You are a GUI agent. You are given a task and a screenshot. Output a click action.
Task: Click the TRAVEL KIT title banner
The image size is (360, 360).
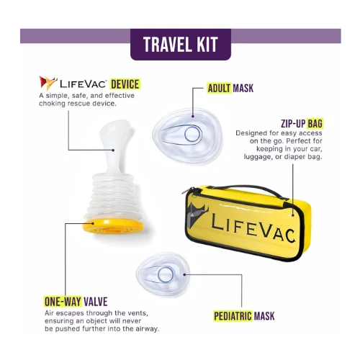click(181, 45)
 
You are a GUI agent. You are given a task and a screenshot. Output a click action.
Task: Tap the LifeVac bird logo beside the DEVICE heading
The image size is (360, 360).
click(48, 83)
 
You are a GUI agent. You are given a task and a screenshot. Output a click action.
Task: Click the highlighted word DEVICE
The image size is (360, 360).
click(125, 84)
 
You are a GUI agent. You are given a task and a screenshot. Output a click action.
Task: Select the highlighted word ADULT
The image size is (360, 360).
click(219, 89)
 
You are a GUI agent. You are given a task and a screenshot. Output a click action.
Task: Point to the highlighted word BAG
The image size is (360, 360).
click(315, 124)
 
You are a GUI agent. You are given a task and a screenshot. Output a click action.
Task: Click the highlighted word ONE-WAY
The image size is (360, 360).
click(63, 302)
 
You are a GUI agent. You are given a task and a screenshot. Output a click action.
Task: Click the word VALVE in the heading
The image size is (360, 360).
click(96, 302)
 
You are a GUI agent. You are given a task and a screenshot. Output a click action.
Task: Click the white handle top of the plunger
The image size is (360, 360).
click(115, 135)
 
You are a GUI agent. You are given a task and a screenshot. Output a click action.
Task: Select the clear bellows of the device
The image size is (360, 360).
click(113, 194)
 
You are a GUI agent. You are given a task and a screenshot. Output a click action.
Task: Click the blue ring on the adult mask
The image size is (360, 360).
click(192, 134)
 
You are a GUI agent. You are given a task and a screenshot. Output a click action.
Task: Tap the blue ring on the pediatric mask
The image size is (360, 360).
click(166, 274)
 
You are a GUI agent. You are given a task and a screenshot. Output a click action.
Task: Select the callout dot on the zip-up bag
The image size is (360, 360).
click(293, 215)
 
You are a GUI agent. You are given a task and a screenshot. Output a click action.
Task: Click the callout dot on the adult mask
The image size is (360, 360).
click(193, 117)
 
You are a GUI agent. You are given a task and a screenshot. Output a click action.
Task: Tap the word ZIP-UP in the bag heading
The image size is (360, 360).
click(293, 124)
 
